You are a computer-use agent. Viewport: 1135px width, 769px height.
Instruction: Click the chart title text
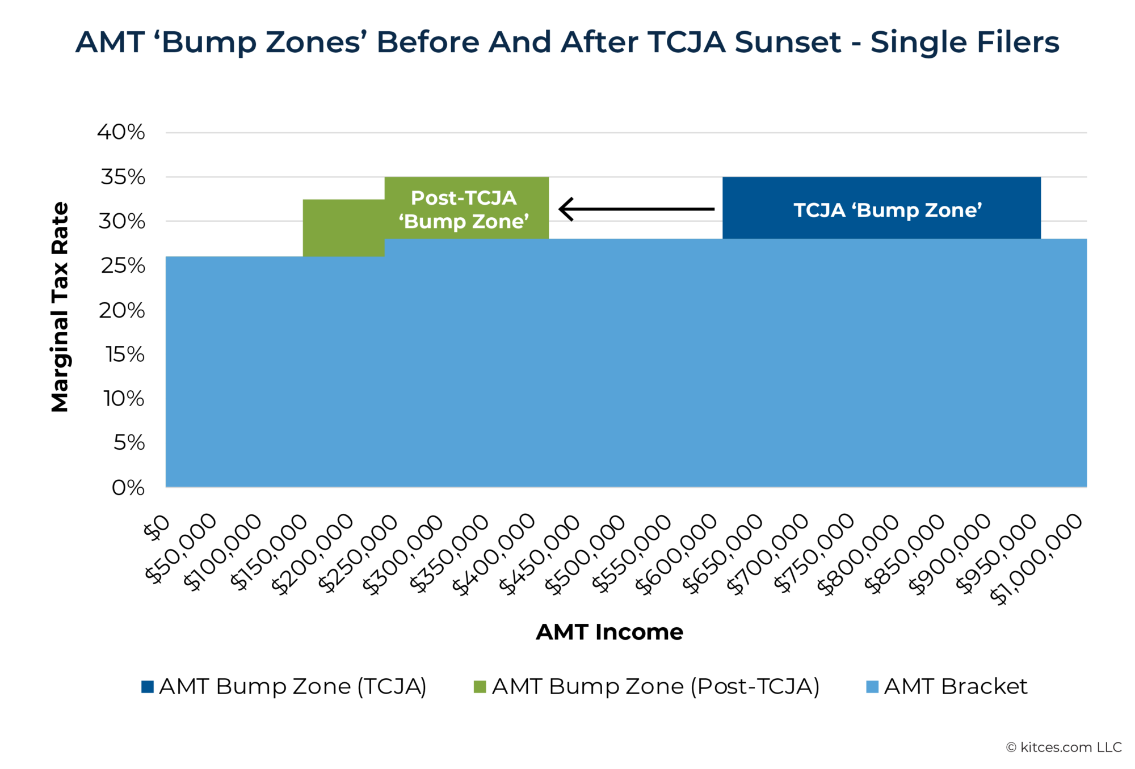click(567, 43)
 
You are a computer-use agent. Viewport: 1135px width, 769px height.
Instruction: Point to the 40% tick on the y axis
click(121, 132)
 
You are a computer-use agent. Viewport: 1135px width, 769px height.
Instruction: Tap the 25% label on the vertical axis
click(123, 265)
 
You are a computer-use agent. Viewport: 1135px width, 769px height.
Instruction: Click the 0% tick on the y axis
click(128, 488)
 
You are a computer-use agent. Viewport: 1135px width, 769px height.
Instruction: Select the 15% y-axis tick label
click(125, 354)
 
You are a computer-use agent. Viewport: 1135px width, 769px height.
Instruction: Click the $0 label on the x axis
click(157, 527)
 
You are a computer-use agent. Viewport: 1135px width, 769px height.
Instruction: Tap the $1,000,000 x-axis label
click(1036, 559)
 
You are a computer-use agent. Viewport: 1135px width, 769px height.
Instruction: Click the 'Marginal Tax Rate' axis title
click(60, 307)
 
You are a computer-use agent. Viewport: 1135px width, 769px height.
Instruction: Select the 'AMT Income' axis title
click(609, 632)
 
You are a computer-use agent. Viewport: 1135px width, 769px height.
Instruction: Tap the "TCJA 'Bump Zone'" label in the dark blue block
click(887, 210)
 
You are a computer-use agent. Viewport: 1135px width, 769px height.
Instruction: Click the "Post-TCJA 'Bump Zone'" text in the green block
click(464, 209)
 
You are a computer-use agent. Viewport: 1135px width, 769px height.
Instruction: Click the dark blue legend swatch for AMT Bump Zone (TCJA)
click(148, 687)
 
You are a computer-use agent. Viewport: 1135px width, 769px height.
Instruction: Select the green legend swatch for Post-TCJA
click(480, 687)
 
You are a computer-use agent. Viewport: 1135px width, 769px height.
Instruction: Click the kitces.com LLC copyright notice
click(1063, 747)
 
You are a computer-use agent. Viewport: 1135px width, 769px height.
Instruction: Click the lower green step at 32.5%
click(343, 227)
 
